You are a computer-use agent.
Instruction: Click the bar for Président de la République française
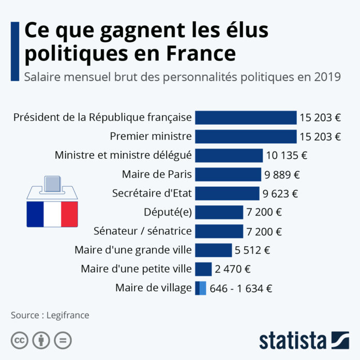pyautogui.click(x=246, y=117)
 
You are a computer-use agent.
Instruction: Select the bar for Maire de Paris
pyautogui.click(x=228, y=174)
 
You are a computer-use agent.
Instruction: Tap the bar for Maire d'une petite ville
pyautogui.click(x=203, y=269)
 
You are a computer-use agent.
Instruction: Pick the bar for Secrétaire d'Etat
pyautogui.click(x=227, y=193)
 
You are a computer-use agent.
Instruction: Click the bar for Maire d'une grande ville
pyautogui.click(x=213, y=250)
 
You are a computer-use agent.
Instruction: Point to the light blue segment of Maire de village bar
pyautogui.click(x=203, y=288)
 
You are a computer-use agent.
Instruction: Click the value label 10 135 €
pyautogui.click(x=287, y=155)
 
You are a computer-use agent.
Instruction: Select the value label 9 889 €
pyautogui.click(x=282, y=174)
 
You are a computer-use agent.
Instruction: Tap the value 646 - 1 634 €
pyautogui.click(x=241, y=289)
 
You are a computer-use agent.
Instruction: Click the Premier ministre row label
pyautogui.click(x=151, y=136)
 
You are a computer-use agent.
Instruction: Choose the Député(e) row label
pyautogui.click(x=167, y=212)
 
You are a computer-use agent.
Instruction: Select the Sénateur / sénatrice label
pyautogui.click(x=142, y=231)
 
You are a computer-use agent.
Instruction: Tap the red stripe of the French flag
pyautogui.click(x=69, y=214)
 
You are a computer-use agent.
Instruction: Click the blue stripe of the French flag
pyautogui.click(x=35, y=214)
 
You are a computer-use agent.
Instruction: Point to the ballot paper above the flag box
pyautogui.click(x=53, y=183)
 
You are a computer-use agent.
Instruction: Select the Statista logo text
pyautogui.click(x=293, y=341)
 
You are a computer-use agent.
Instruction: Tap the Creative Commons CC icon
pyautogui.click(x=19, y=340)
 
